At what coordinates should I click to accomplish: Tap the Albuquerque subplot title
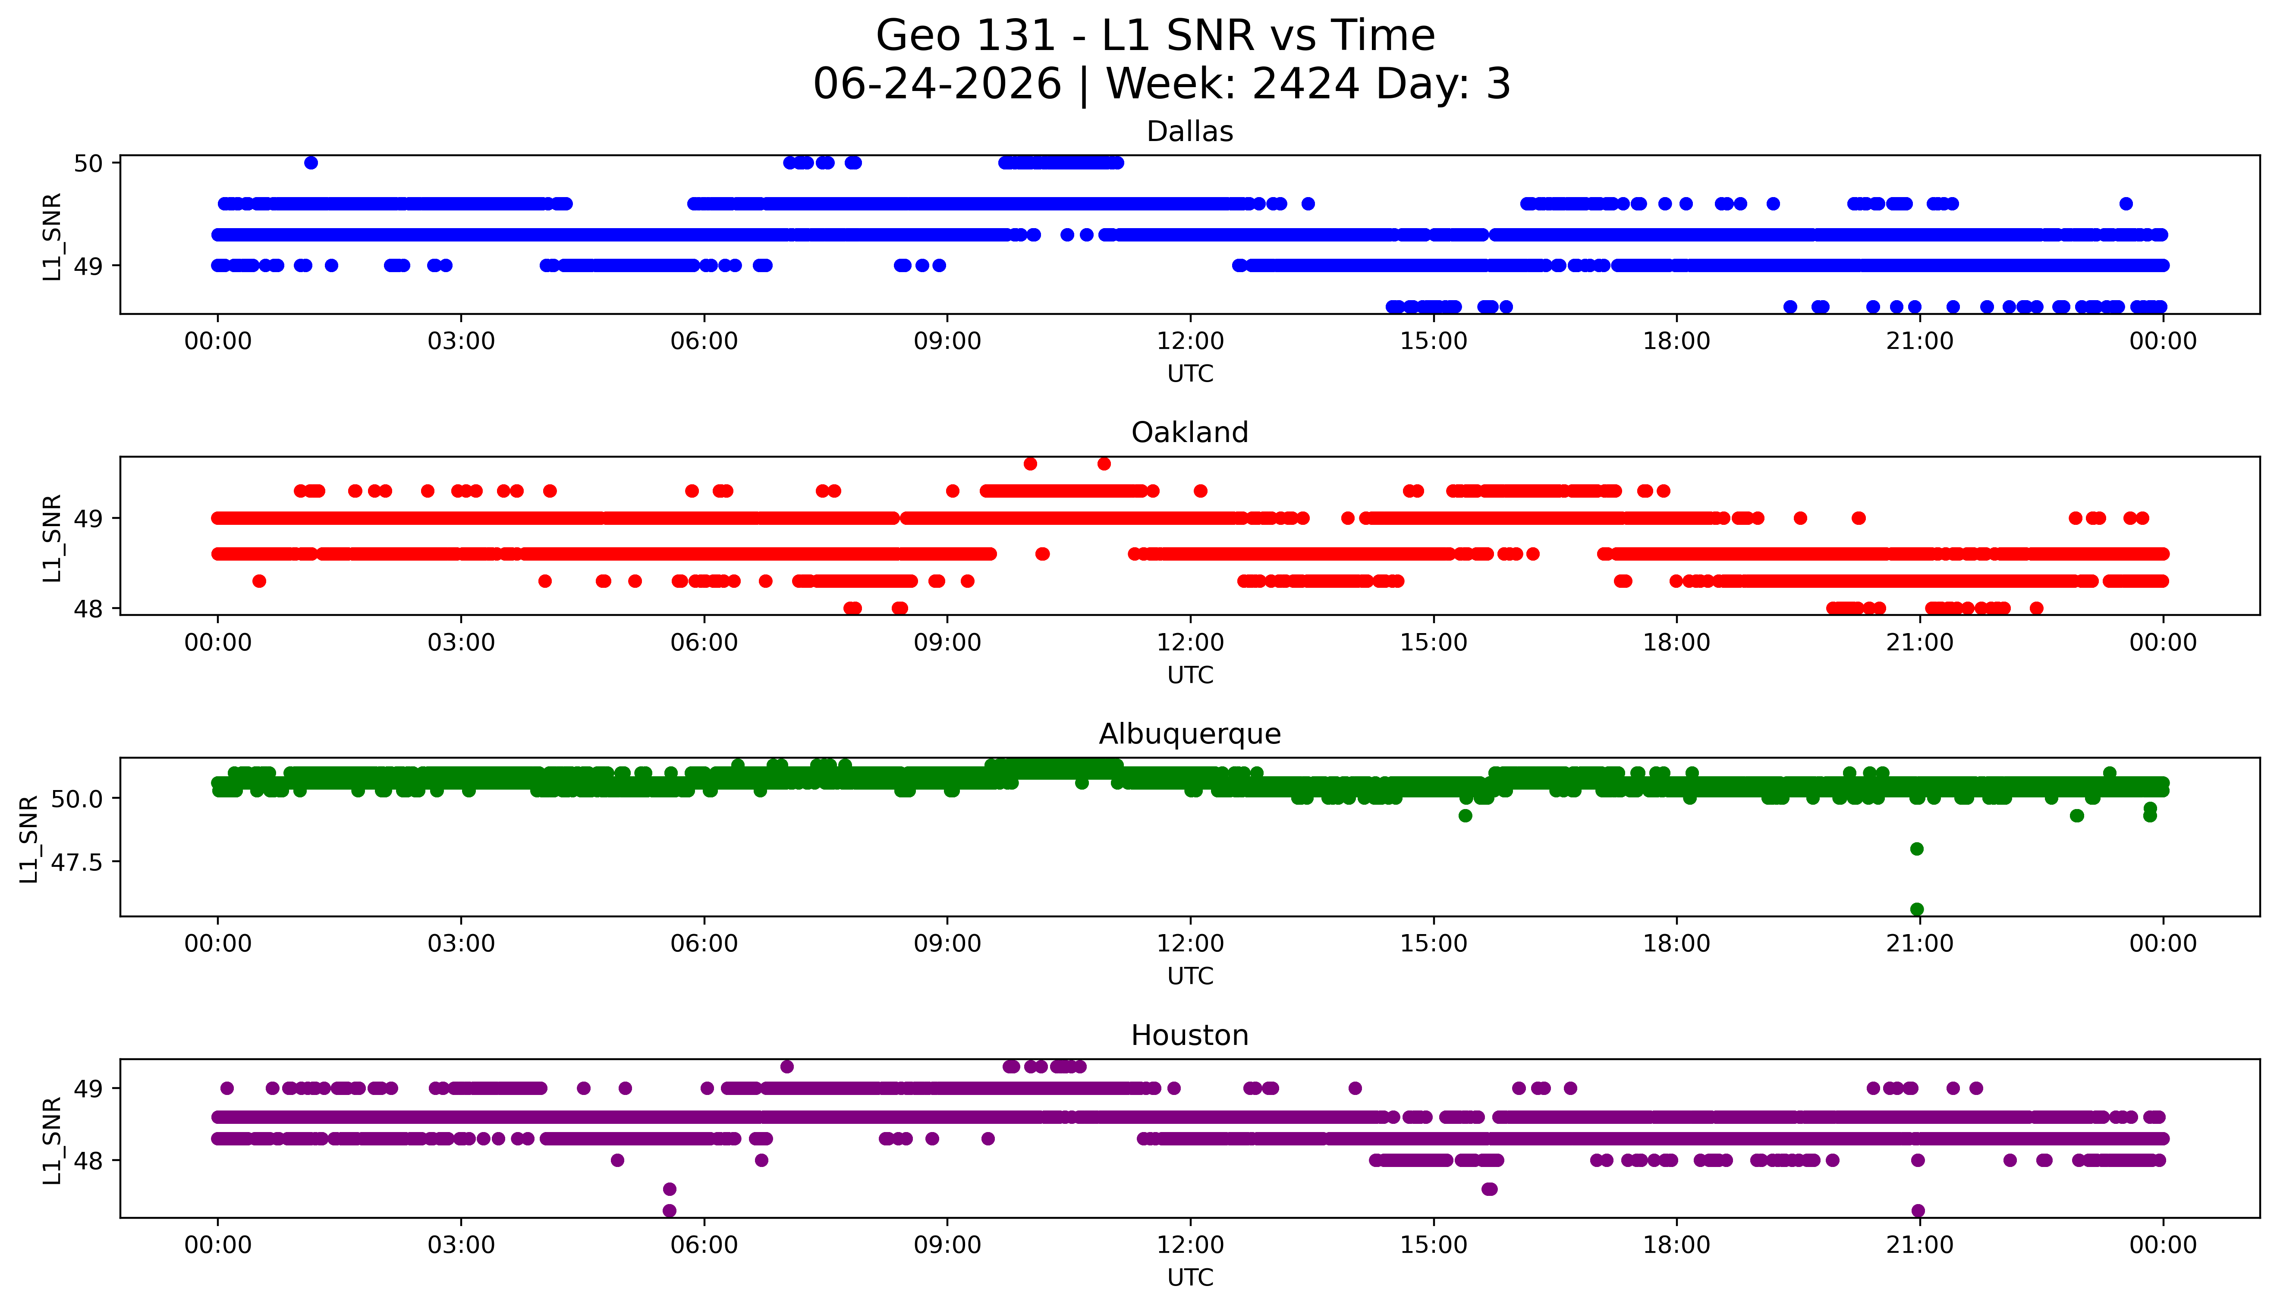(1190, 734)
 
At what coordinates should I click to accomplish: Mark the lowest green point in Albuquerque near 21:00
(1917, 909)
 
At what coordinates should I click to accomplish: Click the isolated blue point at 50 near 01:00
(311, 163)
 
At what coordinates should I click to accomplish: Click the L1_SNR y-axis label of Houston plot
(52, 1139)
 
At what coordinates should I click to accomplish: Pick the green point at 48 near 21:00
(1917, 849)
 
